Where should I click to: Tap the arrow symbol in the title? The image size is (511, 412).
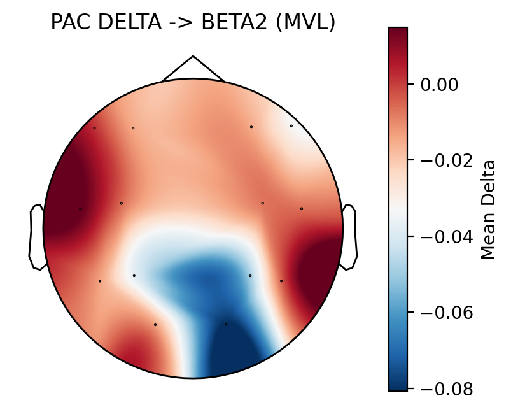(174, 23)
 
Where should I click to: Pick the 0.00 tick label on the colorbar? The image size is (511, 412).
(440, 84)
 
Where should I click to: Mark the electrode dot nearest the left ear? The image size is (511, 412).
(80, 209)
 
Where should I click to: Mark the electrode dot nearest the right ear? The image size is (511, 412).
(302, 208)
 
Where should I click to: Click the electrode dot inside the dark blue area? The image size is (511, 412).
(226, 324)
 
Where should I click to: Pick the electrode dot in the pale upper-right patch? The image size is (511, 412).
(291, 125)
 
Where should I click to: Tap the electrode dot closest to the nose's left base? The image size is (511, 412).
(133, 128)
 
